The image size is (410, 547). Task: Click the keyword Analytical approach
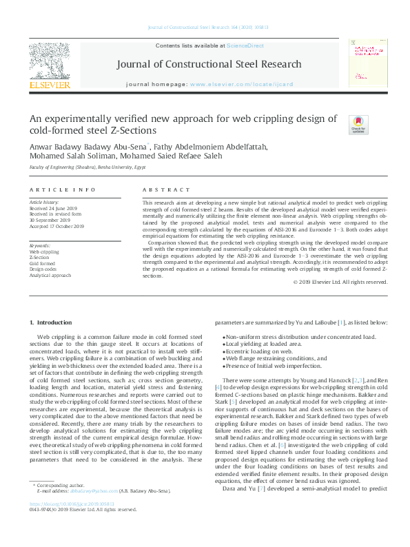click(x=50, y=275)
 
